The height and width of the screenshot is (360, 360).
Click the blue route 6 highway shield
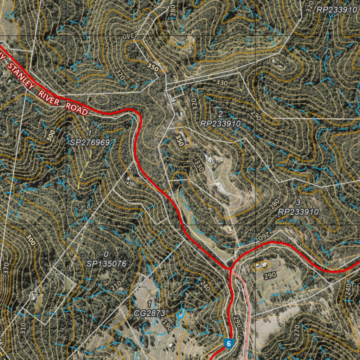(x=229, y=343)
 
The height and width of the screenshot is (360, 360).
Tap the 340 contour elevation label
(x=129, y=36)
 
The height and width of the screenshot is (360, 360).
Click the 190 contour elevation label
(x=167, y=326)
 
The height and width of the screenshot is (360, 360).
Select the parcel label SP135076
(x=106, y=263)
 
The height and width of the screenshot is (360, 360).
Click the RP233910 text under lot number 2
(x=220, y=123)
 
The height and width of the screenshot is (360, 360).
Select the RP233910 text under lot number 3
(x=298, y=212)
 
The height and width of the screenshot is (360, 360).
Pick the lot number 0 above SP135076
(x=106, y=254)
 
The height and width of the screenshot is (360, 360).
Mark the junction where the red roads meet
(x=231, y=269)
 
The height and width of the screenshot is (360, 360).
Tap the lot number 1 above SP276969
(x=90, y=133)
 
